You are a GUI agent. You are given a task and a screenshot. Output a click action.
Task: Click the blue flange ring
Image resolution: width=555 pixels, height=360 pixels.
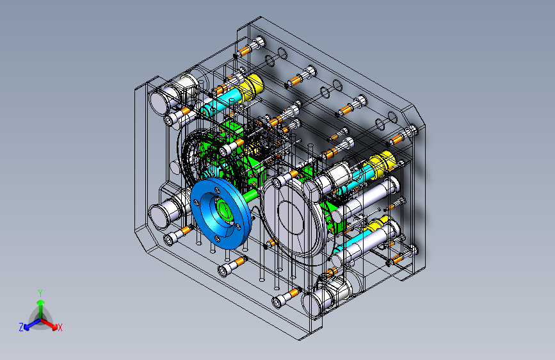point(205,227)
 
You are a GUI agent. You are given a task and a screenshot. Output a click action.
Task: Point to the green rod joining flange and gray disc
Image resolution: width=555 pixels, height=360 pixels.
point(252,195)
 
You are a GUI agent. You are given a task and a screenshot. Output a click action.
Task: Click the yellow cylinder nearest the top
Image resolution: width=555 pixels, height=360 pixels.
point(252,87)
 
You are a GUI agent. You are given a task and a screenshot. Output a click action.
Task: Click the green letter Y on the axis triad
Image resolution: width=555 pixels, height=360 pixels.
point(40,293)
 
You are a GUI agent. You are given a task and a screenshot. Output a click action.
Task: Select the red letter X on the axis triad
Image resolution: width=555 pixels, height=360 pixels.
point(60,328)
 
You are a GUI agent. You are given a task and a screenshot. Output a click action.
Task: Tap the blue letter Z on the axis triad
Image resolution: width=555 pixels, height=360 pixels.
point(21,327)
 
